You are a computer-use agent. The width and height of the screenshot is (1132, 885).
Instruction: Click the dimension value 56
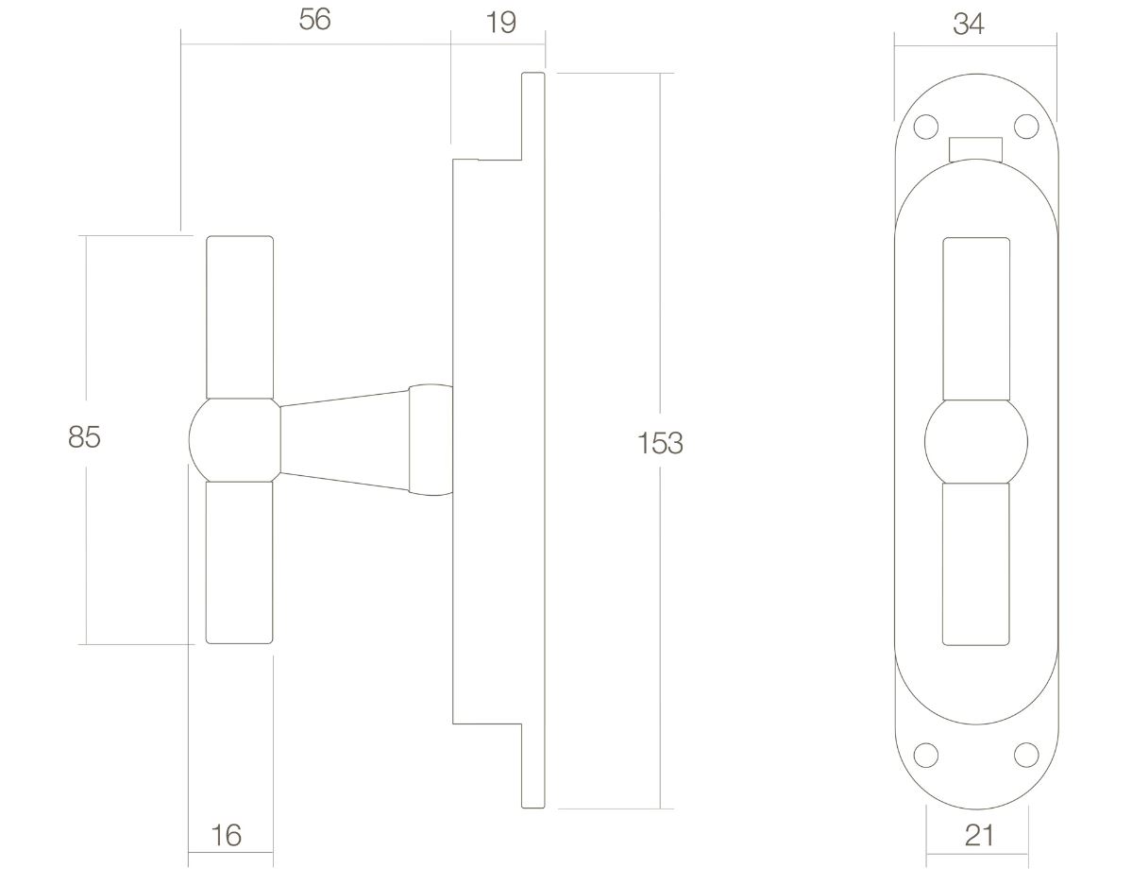(314, 21)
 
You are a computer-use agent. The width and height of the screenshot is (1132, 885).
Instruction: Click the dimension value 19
(501, 23)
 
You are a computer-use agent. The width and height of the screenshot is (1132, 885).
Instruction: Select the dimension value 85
(84, 438)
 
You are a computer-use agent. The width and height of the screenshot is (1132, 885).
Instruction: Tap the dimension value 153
(660, 443)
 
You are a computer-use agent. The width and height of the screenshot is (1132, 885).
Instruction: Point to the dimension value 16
(226, 835)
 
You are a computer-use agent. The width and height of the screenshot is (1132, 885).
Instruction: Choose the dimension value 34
(969, 24)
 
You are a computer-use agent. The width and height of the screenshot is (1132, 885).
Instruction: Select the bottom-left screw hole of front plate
(926, 754)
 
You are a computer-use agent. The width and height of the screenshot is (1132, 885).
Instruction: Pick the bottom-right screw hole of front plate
(1025, 754)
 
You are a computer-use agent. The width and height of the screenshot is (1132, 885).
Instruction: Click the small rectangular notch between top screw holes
(975, 148)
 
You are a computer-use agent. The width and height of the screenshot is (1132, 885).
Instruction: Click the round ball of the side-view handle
(232, 439)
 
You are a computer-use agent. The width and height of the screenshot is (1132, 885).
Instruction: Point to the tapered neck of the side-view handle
(345, 441)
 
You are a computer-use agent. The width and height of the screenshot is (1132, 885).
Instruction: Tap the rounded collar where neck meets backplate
(430, 440)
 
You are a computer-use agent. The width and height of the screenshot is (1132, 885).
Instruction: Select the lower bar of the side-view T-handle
(240, 562)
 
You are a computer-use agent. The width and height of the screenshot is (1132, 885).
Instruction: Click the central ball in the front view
(975, 441)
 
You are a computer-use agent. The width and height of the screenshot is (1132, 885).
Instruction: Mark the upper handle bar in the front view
(975, 321)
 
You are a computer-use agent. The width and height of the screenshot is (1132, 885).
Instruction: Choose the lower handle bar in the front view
(975, 564)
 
